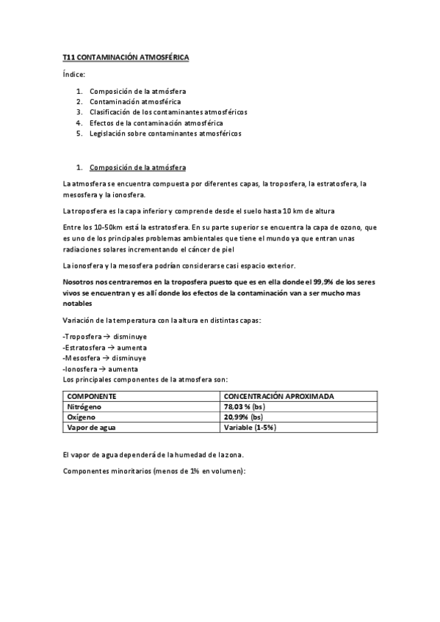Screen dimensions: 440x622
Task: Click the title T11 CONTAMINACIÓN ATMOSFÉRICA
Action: tap(126, 56)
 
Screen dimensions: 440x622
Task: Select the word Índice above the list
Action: tap(75, 75)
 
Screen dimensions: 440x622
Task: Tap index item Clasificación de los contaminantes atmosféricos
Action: tap(168, 112)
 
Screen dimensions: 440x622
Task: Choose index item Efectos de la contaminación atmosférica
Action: tap(156, 123)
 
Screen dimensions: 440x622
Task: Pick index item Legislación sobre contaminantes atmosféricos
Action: tap(165, 134)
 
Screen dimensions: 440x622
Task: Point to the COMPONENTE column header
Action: tap(92, 396)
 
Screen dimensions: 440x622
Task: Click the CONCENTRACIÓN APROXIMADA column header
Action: tap(278, 396)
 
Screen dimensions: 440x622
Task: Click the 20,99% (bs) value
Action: tap(243, 417)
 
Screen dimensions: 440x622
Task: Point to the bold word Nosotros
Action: tap(82, 282)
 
